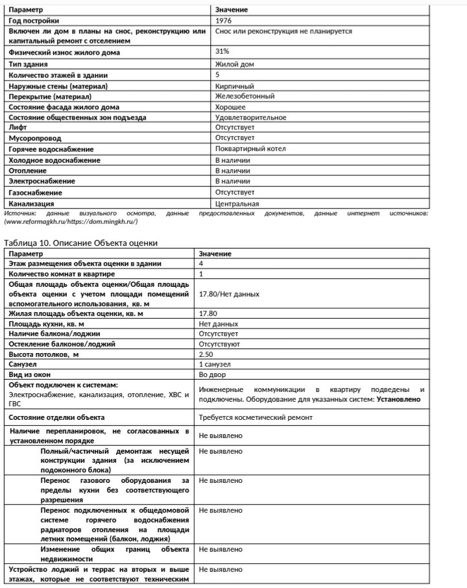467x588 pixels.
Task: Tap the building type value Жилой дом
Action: pos(235,64)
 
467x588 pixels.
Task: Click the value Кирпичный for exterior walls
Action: pos(234,86)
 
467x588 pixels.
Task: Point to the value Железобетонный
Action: pos(245,96)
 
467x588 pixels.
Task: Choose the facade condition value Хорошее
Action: pos(230,107)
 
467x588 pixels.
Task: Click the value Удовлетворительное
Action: pos(251,117)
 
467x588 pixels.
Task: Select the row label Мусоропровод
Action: pos(34,138)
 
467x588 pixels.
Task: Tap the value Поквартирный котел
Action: pos(250,149)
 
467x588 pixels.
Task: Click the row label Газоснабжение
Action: pos(35,193)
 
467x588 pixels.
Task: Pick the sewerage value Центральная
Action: pos(237,204)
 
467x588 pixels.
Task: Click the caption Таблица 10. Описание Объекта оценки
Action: pos(81,243)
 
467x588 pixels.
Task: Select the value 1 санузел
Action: pos(215,365)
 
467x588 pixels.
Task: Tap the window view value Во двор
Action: pos(212,375)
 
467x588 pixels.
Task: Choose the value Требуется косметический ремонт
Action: pos(256,417)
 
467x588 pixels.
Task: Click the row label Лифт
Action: pos(18,128)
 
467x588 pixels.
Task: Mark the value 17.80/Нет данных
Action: pos(229,294)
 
